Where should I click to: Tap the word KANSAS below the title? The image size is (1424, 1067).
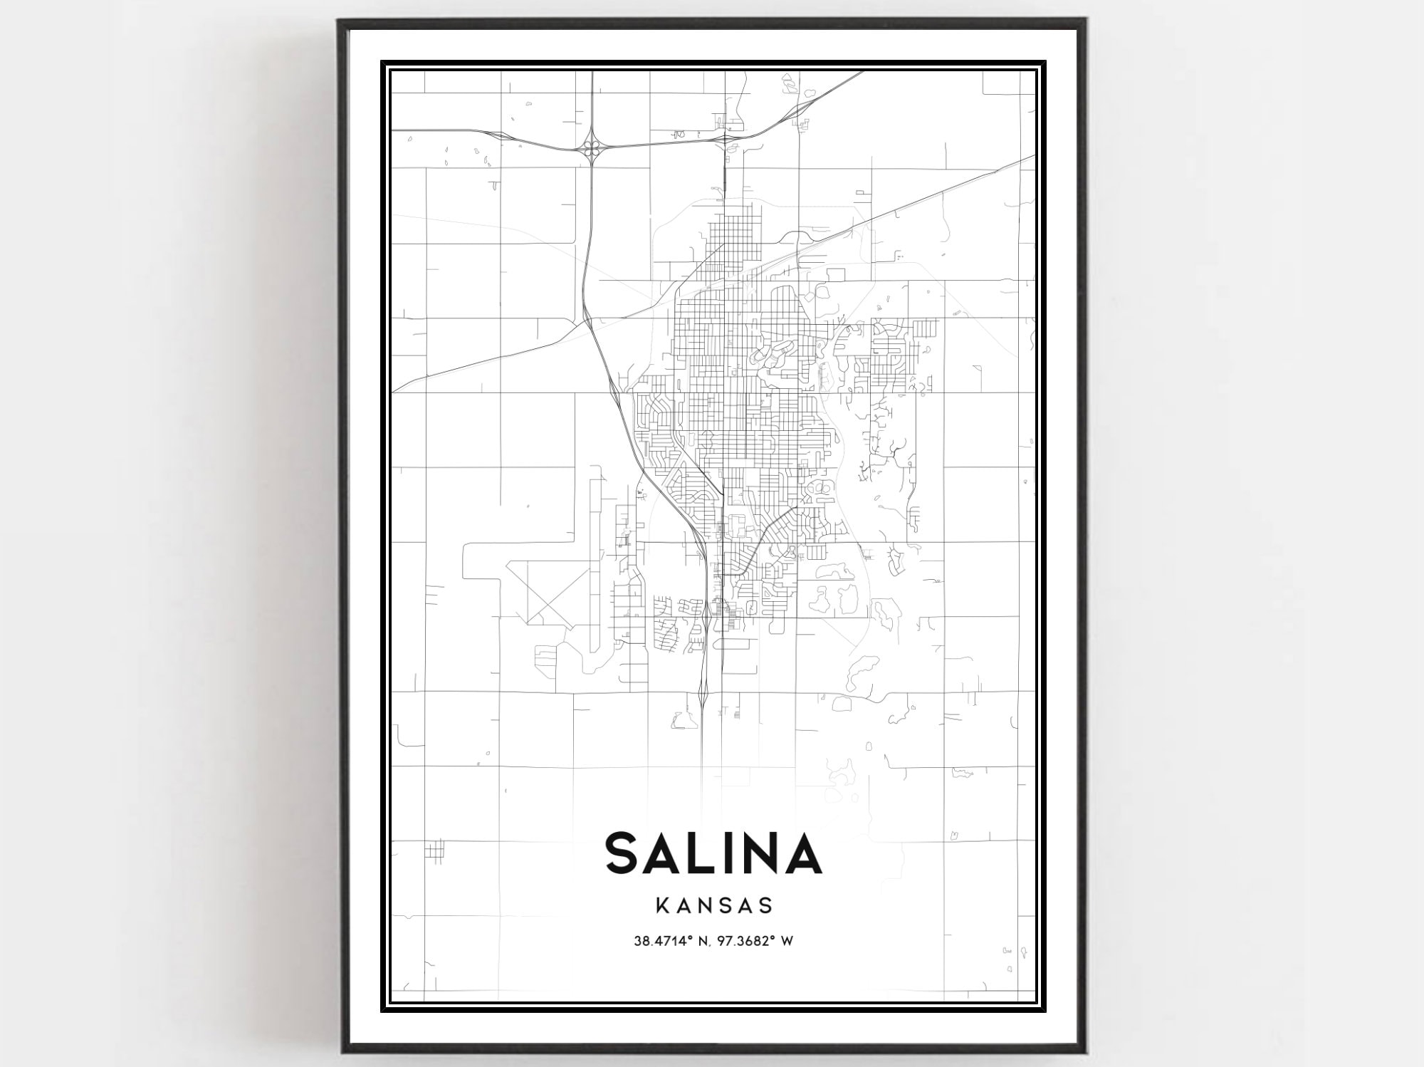[x=714, y=905]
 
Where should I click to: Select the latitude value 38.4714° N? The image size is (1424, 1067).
[x=669, y=941]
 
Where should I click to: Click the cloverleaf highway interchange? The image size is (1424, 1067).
[x=592, y=148]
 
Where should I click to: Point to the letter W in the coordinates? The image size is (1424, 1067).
[x=787, y=941]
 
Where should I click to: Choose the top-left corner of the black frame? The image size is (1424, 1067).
[x=340, y=22]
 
